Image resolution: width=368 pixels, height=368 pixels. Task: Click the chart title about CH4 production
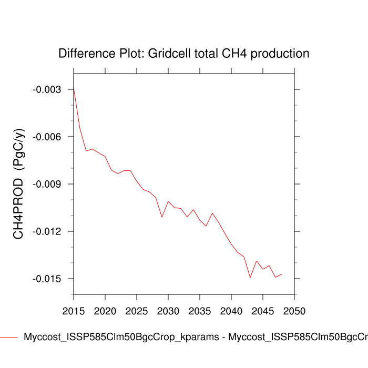tap(183, 54)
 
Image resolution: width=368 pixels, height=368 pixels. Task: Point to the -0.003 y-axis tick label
tap(47, 90)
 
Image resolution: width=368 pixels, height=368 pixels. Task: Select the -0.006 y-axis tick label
tap(47, 137)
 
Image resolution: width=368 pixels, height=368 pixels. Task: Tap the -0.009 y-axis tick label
tap(47, 185)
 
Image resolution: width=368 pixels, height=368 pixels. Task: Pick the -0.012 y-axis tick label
tap(47, 232)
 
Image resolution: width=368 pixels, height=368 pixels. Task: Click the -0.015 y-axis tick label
tap(47, 279)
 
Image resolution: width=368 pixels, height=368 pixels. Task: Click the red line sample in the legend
tap(9, 337)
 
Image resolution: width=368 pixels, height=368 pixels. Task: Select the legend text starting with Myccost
tap(195, 337)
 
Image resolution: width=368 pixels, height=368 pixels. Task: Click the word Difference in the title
tap(84, 54)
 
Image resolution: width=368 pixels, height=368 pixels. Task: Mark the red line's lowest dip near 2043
tap(250, 277)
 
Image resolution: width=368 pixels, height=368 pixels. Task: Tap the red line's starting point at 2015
tap(74, 87)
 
